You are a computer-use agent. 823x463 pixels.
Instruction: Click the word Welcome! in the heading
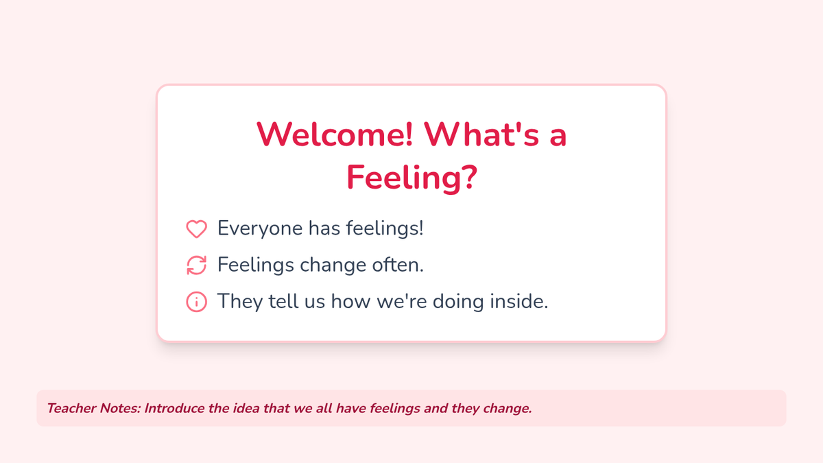pyautogui.click(x=335, y=134)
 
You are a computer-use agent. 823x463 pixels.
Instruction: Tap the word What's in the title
pyautogui.click(x=481, y=134)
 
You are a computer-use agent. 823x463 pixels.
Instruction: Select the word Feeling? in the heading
pyautogui.click(x=412, y=178)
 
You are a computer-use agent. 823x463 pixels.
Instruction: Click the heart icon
pyautogui.click(x=197, y=228)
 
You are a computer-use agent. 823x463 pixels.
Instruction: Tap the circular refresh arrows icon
pyautogui.click(x=197, y=265)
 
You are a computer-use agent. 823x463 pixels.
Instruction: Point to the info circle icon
pyautogui.click(x=197, y=302)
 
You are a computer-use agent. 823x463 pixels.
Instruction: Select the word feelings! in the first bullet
pyautogui.click(x=385, y=228)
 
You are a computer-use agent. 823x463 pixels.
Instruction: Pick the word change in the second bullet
pyautogui.click(x=333, y=265)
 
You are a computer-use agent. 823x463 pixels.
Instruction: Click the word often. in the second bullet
pyautogui.click(x=398, y=265)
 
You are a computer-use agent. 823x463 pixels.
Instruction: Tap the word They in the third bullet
pyautogui.click(x=240, y=302)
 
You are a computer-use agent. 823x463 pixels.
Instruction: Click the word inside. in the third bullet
pyautogui.click(x=519, y=301)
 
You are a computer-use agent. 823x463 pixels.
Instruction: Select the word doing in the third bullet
pyautogui.click(x=459, y=302)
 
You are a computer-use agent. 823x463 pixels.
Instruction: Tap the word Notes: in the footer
pyautogui.click(x=121, y=408)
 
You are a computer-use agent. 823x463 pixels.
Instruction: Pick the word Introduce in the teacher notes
pyautogui.click(x=174, y=408)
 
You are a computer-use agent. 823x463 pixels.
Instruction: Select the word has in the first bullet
pyautogui.click(x=324, y=228)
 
